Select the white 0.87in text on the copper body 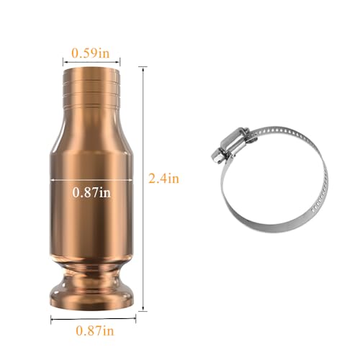[x=91, y=192]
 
